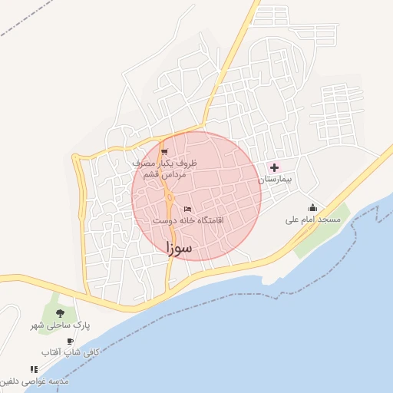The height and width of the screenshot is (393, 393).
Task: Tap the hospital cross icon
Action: [x=274, y=167]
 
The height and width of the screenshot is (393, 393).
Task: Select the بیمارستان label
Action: [x=276, y=180]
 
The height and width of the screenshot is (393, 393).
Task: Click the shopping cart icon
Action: [x=164, y=151]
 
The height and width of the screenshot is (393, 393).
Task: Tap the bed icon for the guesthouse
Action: [x=188, y=209]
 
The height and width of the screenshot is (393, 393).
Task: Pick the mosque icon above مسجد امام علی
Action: [x=312, y=207]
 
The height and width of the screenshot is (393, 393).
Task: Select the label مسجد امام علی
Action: [x=312, y=220]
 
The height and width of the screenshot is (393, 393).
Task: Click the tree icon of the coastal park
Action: [x=60, y=313]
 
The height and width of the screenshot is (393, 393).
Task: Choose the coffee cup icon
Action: [x=71, y=341]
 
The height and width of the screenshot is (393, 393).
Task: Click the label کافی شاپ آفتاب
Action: [x=71, y=353]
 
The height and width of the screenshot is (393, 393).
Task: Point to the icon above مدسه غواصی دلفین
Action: [x=33, y=369]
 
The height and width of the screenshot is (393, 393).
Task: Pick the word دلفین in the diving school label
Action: [x=15, y=381]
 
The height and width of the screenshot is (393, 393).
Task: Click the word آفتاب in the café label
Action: [x=56, y=353]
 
